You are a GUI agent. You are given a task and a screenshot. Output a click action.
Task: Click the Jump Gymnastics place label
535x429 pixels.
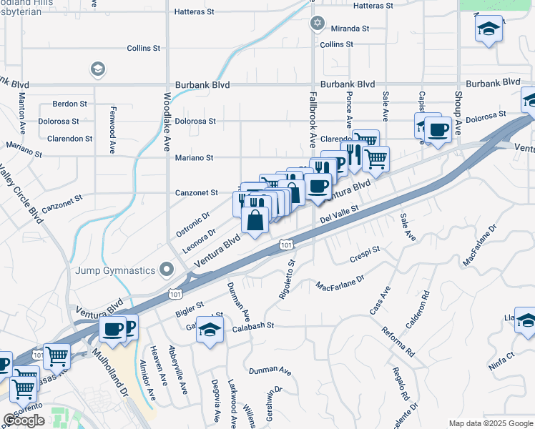pyautogui.click(x=115, y=270)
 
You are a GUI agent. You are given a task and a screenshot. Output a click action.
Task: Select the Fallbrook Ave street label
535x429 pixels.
pyautogui.click(x=312, y=114)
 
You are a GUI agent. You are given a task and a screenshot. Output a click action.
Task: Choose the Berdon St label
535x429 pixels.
pyautogui.click(x=69, y=104)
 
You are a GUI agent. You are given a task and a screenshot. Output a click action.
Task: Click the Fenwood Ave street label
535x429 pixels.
pyautogui.click(x=113, y=130)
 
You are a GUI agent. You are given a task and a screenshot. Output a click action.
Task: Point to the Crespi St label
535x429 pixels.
pyautogui.click(x=365, y=252)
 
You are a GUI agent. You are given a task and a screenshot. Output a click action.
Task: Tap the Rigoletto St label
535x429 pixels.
pyautogui.click(x=291, y=280)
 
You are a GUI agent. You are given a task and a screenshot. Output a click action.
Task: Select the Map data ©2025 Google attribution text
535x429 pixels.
pyautogui.click(x=491, y=423)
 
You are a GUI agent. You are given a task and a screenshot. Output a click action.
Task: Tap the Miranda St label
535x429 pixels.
pyautogui.click(x=350, y=29)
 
